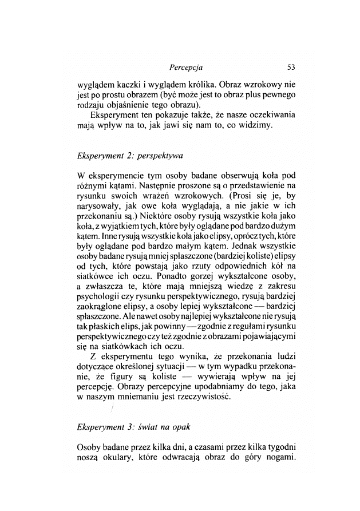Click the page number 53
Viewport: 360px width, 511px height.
(x=290, y=67)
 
